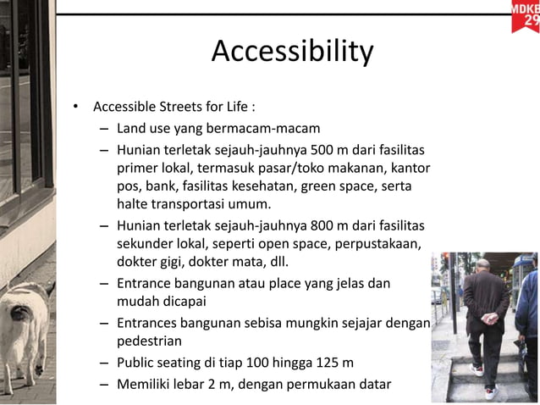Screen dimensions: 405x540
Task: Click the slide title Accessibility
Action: pos(292,52)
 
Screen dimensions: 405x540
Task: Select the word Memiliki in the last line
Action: pos(145,384)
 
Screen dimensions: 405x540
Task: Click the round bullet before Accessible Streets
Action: pos(75,108)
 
